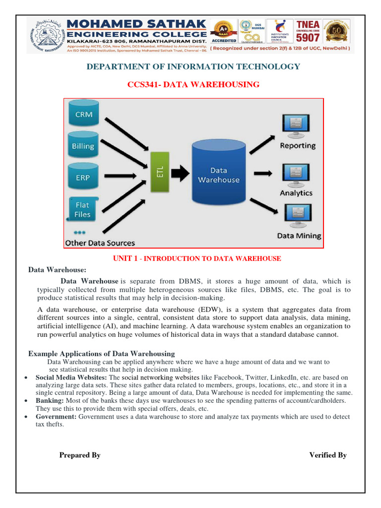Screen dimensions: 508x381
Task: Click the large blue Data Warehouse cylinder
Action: [218, 173]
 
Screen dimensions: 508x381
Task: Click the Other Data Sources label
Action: [100, 243]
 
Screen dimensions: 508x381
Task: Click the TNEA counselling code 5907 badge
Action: [308, 32]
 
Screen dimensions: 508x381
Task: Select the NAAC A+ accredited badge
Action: [224, 31]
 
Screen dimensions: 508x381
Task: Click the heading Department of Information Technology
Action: [193, 66]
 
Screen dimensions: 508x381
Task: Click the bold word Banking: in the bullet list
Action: [50, 400]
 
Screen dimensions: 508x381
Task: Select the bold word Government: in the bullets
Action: [56, 417]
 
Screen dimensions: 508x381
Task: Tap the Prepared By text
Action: [80, 455]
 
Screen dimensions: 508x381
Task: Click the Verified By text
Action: [328, 455]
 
